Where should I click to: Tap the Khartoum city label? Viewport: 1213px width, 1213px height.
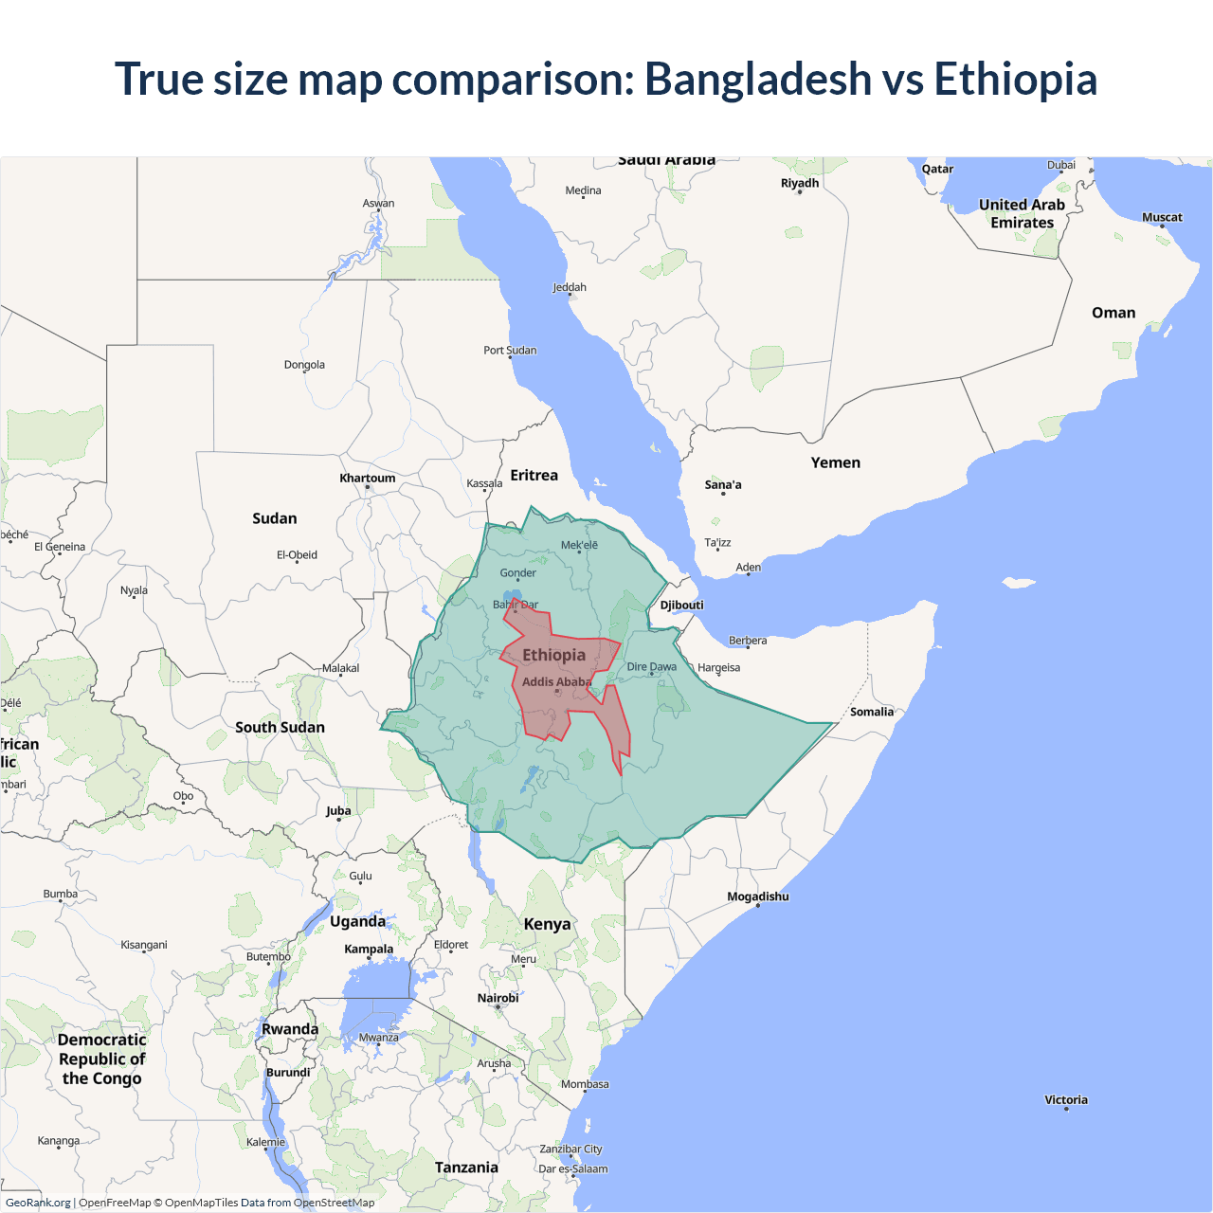coord(368,479)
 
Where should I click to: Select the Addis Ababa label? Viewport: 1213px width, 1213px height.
coord(556,682)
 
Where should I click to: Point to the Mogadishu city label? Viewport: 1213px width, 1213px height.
coord(757,896)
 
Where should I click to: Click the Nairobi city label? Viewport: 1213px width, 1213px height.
coord(498,998)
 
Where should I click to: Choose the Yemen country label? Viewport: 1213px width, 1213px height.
coord(835,462)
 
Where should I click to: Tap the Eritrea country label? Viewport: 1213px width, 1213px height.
coord(534,476)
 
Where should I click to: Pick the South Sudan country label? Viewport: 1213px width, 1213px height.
coord(280,727)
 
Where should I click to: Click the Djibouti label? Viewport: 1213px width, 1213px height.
coord(681,605)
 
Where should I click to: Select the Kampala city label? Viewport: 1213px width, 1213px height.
coord(369,949)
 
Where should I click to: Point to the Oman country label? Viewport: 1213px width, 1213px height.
coord(1113,313)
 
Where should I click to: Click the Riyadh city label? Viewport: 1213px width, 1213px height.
coord(800,183)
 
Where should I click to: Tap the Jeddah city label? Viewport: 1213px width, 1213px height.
coord(570,287)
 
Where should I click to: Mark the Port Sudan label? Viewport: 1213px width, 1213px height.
coord(510,350)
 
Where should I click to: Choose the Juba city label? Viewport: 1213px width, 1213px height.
coord(338,810)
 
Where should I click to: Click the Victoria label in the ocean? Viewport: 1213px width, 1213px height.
coord(1066,1100)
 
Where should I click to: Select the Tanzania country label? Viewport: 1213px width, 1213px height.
coord(466,1168)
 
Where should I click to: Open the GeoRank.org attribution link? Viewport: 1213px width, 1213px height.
coord(38,1203)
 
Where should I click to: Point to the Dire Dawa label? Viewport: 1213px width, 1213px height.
coord(652,666)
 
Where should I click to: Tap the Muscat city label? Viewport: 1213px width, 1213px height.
coord(1162,217)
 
